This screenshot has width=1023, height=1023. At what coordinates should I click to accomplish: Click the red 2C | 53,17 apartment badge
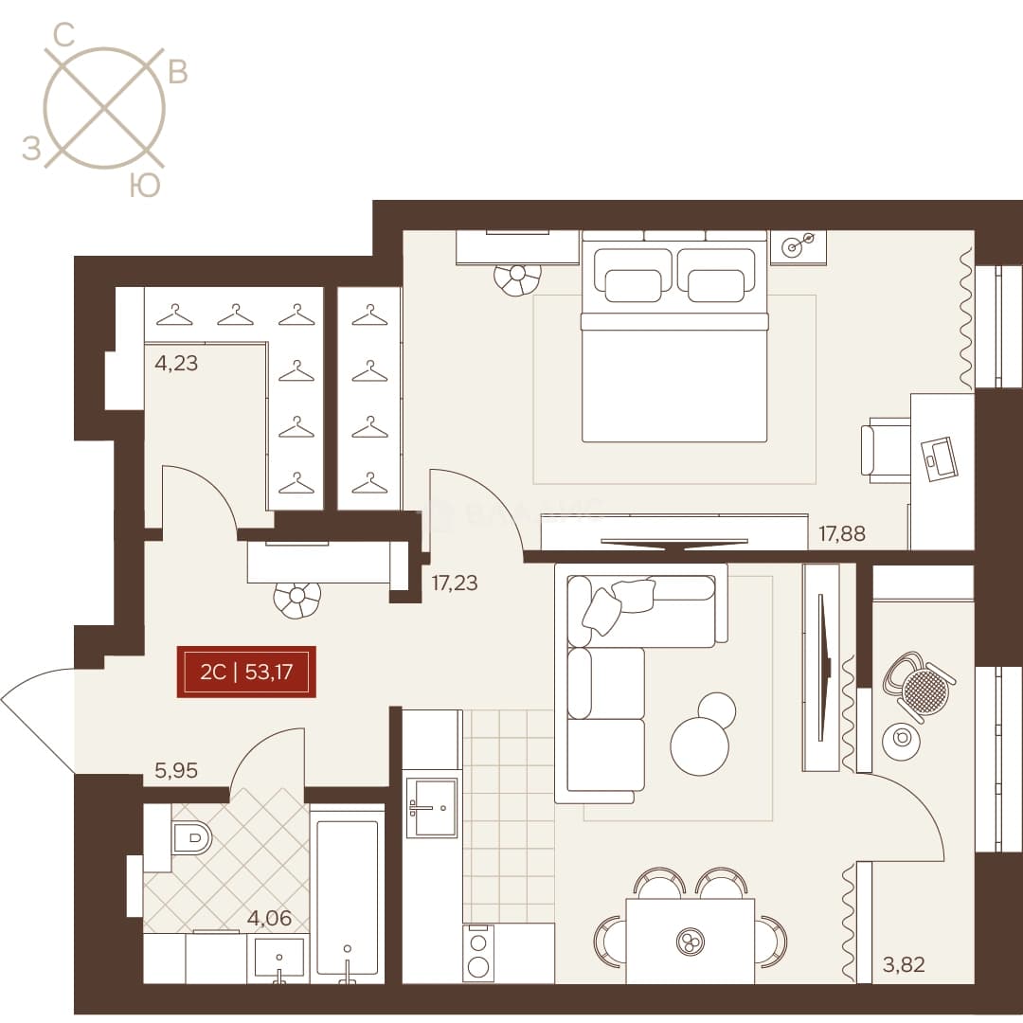(246, 672)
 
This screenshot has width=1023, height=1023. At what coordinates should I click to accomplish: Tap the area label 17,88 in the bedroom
(842, 533)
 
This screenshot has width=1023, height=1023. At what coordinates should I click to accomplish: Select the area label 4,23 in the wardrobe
(175, 363)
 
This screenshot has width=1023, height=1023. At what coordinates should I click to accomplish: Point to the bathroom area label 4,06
(269, 918)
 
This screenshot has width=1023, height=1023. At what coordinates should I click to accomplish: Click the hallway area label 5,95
(175, 770)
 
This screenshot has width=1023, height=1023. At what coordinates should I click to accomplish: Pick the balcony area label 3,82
(904, 964)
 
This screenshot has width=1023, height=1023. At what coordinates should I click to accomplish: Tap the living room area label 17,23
(454, 583)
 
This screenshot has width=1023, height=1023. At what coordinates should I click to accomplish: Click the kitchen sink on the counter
(431, 808)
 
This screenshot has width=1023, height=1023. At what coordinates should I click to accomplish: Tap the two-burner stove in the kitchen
(478, 953)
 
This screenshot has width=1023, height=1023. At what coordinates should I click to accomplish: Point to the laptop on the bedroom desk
(940, 458)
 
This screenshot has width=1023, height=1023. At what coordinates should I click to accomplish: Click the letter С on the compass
(63, 35)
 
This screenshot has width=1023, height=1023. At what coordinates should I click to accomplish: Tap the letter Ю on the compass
(144, 186)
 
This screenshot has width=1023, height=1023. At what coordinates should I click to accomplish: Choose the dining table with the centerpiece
(691, 941)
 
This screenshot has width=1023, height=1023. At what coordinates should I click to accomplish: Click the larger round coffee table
(699, 746)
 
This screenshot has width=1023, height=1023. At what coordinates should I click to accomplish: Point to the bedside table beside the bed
(798, 247)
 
